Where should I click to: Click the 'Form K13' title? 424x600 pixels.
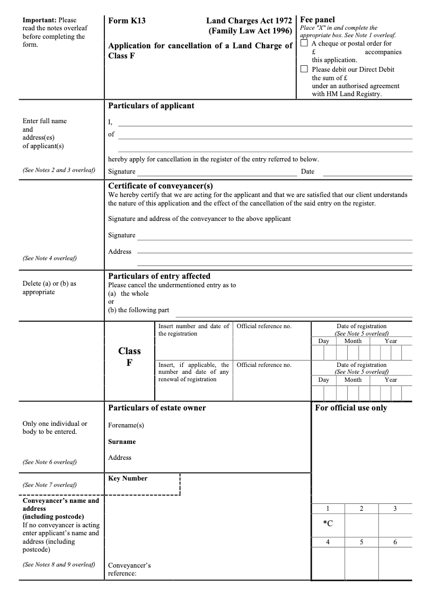point(127,21)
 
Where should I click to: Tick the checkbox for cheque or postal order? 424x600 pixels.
point(304,44)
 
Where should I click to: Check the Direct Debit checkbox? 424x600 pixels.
point(304,69)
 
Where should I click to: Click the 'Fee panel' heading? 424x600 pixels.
point(317,20)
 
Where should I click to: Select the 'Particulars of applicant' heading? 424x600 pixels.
point(151,106)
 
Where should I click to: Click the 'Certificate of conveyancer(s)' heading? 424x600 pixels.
point(161,186)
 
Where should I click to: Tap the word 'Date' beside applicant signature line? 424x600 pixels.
point(307,172)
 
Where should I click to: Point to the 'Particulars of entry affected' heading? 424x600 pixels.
point(159,276)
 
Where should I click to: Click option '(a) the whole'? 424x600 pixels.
point(128,294)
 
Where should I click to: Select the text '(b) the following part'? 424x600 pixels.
point(138,310)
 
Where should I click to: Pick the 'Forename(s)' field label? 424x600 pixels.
point(126,425)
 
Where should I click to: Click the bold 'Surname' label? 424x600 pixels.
point(122,442)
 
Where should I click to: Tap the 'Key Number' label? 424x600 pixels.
point(128,478)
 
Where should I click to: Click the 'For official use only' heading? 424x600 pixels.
point(351,408)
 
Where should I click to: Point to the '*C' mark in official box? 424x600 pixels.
point(328,524)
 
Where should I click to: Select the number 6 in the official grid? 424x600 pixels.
point(395,542)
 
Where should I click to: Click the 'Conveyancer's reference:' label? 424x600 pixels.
point(129,569)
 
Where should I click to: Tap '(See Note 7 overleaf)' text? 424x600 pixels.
point(49,485)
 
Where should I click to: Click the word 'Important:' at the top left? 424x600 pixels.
point(39,20)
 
